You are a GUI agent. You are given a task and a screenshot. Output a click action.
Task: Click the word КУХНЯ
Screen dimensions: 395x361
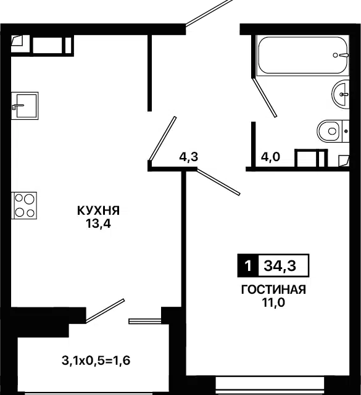click(x=98, y=210)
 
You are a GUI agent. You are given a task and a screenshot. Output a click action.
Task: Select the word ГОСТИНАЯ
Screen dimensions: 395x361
click(x=273, y=290)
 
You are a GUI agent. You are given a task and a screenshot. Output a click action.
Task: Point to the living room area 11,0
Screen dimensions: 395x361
click(x=273, y=302)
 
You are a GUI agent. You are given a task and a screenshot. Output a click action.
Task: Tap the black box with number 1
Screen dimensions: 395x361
click(x=247, y=267)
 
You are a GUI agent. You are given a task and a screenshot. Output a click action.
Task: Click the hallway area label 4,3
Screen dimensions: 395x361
click(x=188, y=157)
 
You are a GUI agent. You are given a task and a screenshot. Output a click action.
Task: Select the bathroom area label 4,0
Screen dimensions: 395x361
click(x=271, y=157)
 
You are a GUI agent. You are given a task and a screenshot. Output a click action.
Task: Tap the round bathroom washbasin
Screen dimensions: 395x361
click(x=342, y=94)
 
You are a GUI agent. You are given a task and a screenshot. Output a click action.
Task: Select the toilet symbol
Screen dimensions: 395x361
click(x=330, y=131)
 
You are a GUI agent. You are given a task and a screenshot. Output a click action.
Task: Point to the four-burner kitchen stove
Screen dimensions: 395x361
click(x=24, y=205)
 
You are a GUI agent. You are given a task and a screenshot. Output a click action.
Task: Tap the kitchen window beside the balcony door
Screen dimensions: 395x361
click(x=145, y=321)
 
